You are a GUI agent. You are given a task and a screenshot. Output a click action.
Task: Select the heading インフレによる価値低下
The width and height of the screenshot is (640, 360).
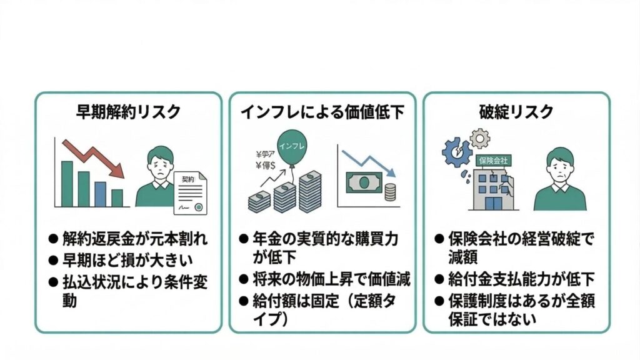[x=322, y=112]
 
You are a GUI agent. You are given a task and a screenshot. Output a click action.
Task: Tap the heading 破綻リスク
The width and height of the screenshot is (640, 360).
[x=516, y=112]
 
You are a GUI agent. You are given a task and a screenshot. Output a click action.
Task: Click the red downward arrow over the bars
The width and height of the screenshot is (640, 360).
[x=94, y=156]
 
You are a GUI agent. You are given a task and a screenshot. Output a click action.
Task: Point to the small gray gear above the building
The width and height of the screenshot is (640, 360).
[x=480, y=137]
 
